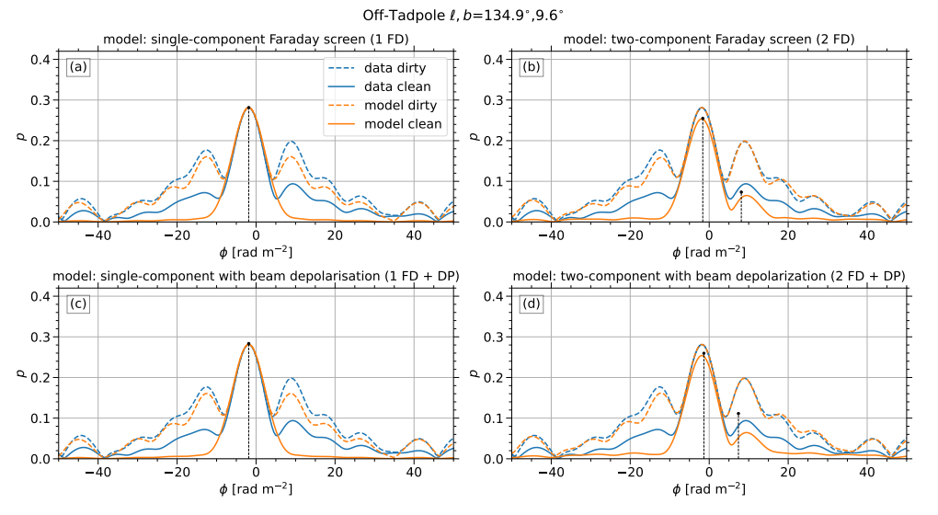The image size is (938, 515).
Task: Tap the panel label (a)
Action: click(77, 67)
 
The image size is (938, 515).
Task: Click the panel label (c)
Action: click(77, 303)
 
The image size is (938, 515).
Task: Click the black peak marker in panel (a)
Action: click(248, 108)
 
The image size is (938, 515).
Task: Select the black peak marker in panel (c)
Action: click(248, 344)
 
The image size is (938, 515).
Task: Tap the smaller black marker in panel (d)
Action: click(738, 414)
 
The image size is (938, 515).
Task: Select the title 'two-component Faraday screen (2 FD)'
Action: click(703, 40)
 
